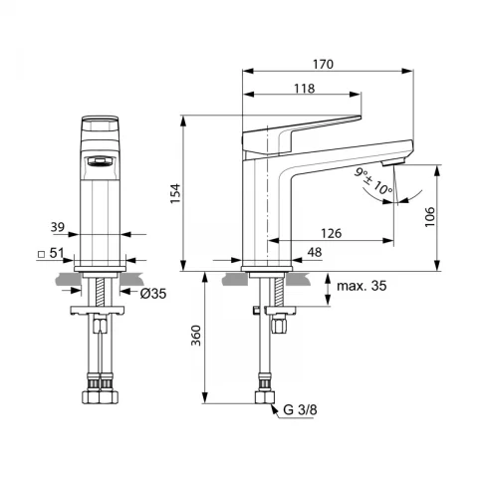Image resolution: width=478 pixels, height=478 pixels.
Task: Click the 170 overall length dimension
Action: (323, 64)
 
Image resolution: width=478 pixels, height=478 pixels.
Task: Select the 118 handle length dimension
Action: (305, 89)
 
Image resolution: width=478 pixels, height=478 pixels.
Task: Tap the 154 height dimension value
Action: (175, 193)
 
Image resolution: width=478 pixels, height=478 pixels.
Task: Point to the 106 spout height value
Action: (429, 217)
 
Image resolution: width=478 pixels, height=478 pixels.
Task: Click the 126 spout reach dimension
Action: (331, 233)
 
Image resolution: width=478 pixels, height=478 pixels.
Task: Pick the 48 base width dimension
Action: (315, 252)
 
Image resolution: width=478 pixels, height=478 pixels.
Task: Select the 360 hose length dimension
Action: (196, 336)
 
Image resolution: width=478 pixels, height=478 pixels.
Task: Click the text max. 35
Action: (361, 286)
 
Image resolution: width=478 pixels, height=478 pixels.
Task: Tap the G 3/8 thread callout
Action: (300, 410)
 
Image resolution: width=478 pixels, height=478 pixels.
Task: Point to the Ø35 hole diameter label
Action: (152, 294)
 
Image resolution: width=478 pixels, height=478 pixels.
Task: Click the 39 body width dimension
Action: (58, 227)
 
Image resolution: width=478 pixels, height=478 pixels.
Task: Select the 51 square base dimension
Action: (57, 253)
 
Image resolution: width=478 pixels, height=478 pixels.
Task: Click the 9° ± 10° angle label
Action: (372, 182)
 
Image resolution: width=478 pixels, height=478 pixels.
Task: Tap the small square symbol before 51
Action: (42, 255)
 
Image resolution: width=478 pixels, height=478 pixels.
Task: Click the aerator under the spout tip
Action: (393, 163)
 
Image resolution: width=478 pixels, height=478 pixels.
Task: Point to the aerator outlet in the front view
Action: (100, 161)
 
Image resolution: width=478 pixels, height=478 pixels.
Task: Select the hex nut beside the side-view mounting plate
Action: (278, 324)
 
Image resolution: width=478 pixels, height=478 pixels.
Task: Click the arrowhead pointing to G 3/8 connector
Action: (274, 408)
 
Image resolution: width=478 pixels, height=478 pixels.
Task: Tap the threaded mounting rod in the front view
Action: (100, 292)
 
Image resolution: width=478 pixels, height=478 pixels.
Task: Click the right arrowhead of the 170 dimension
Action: (407, 71)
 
